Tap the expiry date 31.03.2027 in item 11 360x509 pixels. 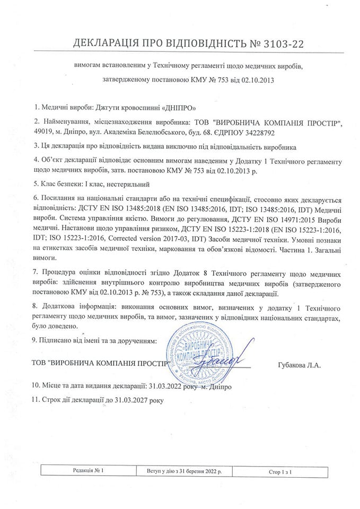tap(132, 399)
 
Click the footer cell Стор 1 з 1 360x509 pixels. tap(281, 471)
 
